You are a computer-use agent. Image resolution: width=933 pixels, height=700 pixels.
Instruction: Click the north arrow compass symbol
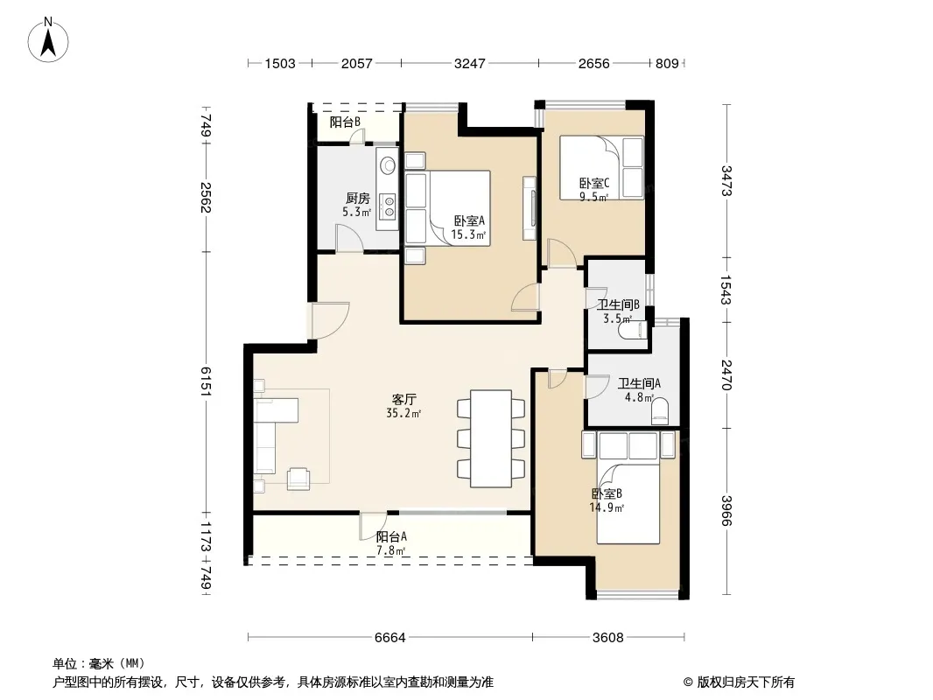pyautogui.click(x=48, y=40)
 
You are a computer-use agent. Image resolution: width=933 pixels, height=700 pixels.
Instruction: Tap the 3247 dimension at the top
pyautogui.click(x=469, y=63)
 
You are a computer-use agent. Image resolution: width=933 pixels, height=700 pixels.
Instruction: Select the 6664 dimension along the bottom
pyautogui.click(x=389, y=638)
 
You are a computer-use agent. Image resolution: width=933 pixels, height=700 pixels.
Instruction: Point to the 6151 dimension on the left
pyautogui.click(x=206, y=381)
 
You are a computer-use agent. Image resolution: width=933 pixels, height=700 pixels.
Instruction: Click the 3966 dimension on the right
pyautogui.click(x=726, y=510)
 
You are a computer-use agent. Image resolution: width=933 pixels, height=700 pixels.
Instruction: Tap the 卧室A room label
pyautogui.click(x=469, y=220)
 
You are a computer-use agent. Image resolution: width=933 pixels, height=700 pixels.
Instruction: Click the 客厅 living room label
pyautogui.click(x=404, y=399)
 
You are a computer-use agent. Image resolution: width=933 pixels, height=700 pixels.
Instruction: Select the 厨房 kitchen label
pyautogui.click(x=358, y=198)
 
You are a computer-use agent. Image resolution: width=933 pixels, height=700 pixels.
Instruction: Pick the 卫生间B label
pyautogui.click(x=618, y=305)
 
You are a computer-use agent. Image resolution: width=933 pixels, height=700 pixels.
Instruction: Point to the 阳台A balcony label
pyautogui.click(x=391, y=536)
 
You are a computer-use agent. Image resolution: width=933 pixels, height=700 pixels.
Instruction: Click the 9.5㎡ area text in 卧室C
pyautogui.click(x=593, y=197)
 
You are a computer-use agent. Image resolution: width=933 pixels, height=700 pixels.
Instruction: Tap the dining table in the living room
pyautogui.click(x=491, y=439)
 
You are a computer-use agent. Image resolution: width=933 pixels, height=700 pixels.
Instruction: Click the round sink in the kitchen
pyautogui.click(x=388, y=164)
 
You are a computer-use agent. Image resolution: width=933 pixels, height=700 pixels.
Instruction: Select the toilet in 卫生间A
pyautogui.click(x=659, y=410)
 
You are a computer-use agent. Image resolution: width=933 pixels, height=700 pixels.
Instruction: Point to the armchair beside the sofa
pyautogui.click(x=298, y=479)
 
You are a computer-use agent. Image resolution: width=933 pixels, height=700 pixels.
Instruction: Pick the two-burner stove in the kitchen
pyautogui.click(x=389, y=206)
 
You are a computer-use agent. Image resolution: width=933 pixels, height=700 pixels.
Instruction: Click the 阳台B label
pyautogui.click(x=345, y=122)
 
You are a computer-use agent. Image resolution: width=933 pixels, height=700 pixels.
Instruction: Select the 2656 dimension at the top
pyautogui.click(x=593, y=63)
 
